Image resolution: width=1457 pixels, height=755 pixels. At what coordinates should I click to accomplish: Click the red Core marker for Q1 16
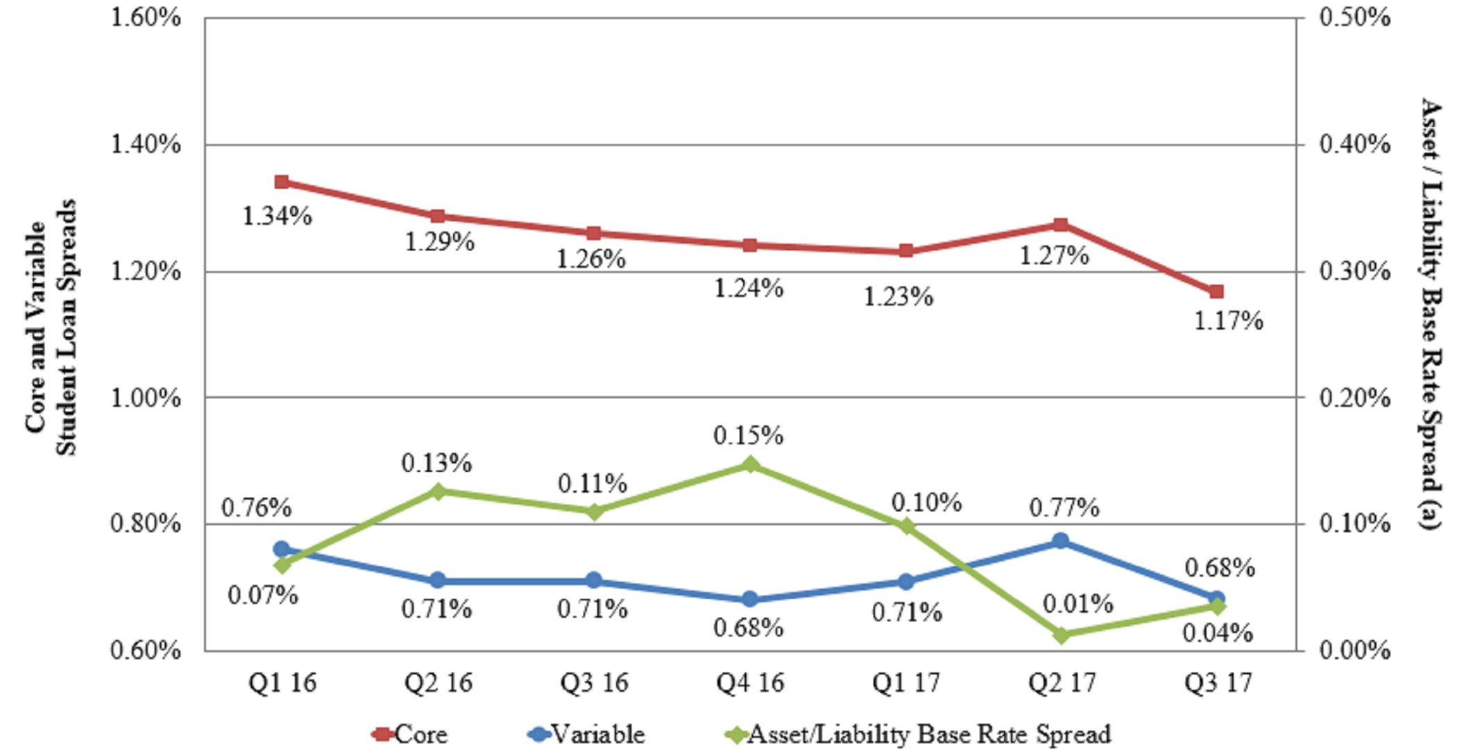282,182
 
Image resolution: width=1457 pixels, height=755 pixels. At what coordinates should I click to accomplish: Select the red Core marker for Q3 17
1216,291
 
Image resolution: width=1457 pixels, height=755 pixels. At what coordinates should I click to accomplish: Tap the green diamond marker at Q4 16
749,464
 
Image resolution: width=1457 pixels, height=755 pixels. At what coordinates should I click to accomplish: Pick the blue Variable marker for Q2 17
1060,541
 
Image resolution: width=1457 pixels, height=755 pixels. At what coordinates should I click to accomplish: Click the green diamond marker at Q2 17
1061,634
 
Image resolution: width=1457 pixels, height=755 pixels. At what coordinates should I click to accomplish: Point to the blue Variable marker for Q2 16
438,580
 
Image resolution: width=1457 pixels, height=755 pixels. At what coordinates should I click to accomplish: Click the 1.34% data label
277,217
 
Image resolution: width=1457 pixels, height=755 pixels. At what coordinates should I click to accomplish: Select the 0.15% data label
748,436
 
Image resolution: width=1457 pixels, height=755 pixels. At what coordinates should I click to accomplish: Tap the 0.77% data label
1064,508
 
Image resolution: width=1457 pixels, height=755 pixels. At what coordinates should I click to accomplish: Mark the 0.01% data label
1077,604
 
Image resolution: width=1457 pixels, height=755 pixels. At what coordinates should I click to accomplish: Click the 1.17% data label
1228,321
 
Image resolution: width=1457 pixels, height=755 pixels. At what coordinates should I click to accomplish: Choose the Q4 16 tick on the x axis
750,683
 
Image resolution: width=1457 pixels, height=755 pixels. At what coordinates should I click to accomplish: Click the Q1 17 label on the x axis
906,683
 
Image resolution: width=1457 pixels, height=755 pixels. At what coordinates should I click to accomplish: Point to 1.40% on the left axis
146,144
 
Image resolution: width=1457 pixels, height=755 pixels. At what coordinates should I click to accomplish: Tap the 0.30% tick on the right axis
1354,271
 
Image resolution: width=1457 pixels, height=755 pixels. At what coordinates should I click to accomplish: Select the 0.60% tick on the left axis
146,651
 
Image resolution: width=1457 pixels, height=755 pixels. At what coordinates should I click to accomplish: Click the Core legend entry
411,734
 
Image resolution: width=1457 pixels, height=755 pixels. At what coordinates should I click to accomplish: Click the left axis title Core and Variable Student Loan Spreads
51,328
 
